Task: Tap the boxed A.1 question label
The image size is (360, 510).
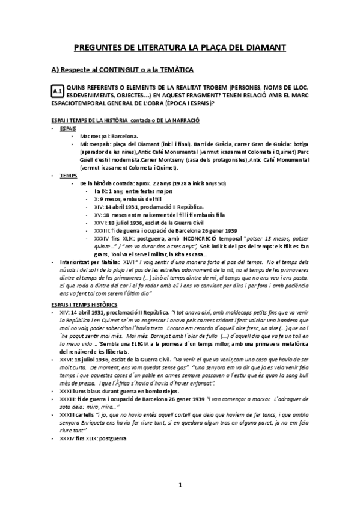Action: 58,91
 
